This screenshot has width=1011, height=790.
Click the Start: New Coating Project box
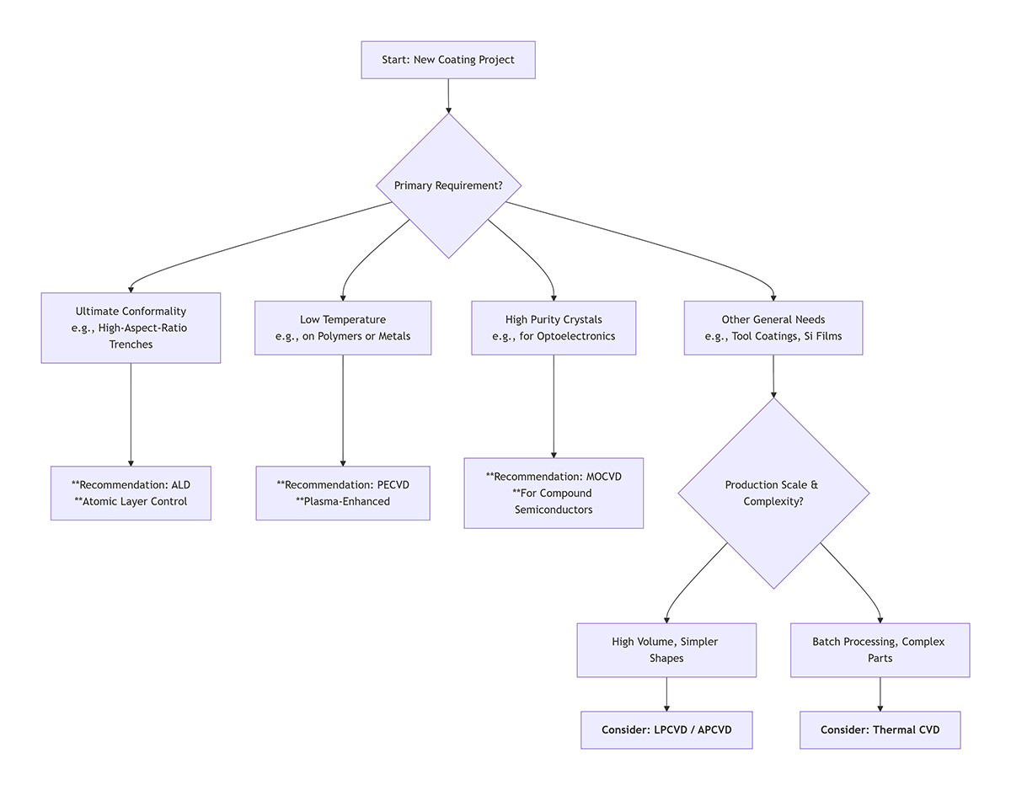coord(448,61)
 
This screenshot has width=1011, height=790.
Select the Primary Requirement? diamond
coord(448,185)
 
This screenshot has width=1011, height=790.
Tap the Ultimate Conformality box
coord(131,328)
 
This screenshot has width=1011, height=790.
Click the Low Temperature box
coord(343,328)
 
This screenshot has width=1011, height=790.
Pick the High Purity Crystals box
coord(554,328)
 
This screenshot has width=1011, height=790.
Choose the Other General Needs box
coord(773,328)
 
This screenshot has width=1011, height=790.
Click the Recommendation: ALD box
coord(131,493)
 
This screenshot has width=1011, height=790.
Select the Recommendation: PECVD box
coord(343,493)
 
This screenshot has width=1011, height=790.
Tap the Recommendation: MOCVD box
coord(554,493)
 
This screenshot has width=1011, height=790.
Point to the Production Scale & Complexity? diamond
coord(773,493)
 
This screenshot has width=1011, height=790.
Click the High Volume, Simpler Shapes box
coord(666,649)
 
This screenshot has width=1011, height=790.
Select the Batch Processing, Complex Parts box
coord(880,649)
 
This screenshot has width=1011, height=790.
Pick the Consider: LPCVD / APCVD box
coord(666,729)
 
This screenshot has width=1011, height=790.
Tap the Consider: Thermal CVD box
coord(880,729)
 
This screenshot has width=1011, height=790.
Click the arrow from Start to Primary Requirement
coord(448,95)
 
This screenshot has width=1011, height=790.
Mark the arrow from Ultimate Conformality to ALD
coord(131,413)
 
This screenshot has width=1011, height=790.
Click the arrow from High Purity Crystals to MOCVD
coord(554,406)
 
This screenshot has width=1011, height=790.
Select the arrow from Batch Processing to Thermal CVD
coord(880,694)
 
